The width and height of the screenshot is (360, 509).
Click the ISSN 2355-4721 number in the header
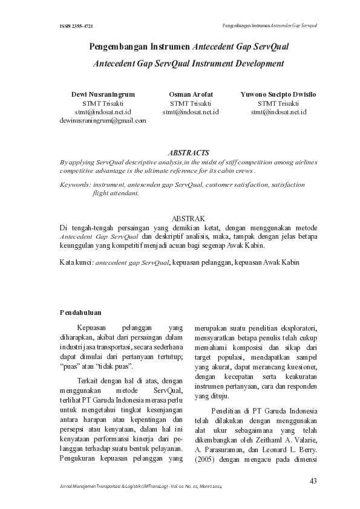click(76, 27)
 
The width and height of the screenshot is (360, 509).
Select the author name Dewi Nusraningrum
click(103, 96)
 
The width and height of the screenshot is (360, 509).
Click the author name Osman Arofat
click(191, 96)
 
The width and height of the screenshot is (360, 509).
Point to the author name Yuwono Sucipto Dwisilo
click(278, 96)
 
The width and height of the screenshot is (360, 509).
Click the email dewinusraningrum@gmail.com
click(103, 120)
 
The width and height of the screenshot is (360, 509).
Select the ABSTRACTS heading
click(189, 154)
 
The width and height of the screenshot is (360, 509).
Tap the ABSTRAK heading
click(189, 218)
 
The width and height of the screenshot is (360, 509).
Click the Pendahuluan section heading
click(80, 313)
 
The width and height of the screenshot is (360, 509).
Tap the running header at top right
click(270, 27)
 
